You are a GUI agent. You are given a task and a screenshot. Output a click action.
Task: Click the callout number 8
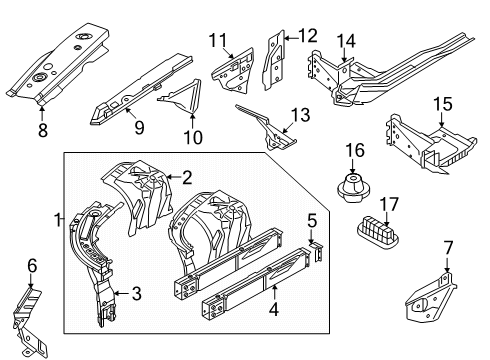43,130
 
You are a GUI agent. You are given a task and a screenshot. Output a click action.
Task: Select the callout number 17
389,204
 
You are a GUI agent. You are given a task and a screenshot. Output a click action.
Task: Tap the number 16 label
355,150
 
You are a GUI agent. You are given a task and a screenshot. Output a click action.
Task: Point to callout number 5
312,221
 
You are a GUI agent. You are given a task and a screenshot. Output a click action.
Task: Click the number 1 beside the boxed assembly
58,220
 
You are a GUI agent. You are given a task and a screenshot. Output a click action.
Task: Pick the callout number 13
300,115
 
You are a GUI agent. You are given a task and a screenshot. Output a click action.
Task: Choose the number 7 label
448,248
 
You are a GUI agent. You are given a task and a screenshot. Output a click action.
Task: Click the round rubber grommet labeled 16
353,188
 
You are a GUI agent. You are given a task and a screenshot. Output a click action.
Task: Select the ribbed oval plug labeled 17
378,232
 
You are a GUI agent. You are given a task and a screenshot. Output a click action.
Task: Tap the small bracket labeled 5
318,252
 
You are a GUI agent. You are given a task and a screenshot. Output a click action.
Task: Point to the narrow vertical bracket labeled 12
274,61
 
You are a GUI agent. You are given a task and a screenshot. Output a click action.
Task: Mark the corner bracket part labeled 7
430,298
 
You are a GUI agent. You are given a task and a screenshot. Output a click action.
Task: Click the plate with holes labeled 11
233,72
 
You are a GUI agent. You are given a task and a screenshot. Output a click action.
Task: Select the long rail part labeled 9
141,89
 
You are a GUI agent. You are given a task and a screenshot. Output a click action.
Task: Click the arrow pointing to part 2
174,177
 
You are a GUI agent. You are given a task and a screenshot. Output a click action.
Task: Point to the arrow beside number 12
291,38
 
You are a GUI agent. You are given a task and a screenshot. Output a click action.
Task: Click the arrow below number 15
442,120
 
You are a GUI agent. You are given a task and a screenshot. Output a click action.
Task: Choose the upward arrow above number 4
274,292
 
